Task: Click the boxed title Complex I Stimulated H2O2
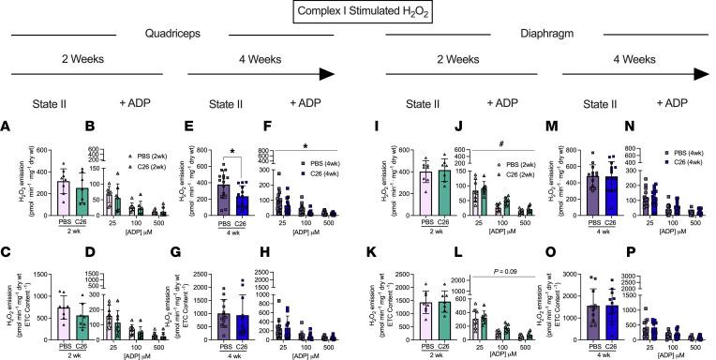point(357,13)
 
